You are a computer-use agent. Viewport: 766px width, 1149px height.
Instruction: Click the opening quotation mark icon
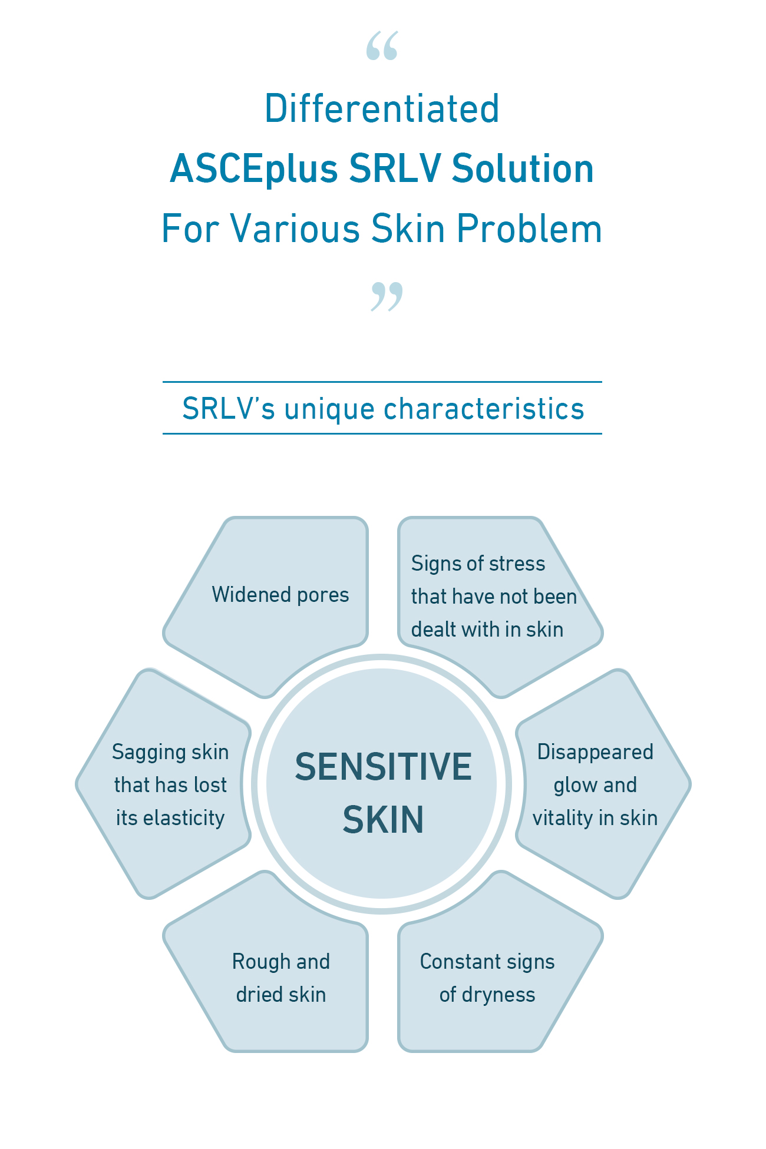tap(382, 46)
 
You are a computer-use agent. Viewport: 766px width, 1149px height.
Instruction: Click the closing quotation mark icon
tap(387, 296)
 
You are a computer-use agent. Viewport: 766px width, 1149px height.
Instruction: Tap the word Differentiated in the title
tap(382, 109)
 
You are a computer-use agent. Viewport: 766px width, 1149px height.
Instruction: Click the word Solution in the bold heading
tap(523, 169)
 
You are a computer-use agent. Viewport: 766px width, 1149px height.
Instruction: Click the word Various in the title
tap(295, 229)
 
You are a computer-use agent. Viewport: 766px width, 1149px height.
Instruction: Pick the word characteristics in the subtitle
tap(484, 409)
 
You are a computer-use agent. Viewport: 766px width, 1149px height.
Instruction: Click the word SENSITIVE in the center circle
tap(383, 766)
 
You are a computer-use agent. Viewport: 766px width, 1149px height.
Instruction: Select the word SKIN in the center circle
tap(383, 819)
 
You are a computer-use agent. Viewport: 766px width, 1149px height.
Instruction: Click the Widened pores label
tap(280, 595)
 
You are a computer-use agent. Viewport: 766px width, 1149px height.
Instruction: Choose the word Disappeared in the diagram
tap(595, 752)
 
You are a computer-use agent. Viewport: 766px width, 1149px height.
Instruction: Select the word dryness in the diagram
tap(498, 995)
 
